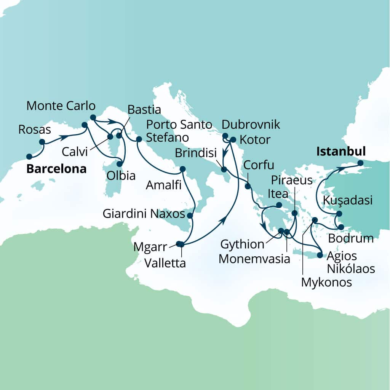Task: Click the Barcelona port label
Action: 56,169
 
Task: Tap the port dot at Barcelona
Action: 29,157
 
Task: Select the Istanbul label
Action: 341,152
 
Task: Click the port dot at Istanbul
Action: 361,163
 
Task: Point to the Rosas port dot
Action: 42,142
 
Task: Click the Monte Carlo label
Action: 61,105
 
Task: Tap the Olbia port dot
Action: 119,164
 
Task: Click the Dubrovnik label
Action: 251,125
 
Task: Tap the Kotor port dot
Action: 233,139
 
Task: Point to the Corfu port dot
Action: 248,186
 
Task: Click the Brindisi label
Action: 196,153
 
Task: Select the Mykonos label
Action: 326,282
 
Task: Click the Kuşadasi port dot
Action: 339,214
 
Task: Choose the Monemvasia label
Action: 255,259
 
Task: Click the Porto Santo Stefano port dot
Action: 139,139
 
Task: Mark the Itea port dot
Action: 279,205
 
